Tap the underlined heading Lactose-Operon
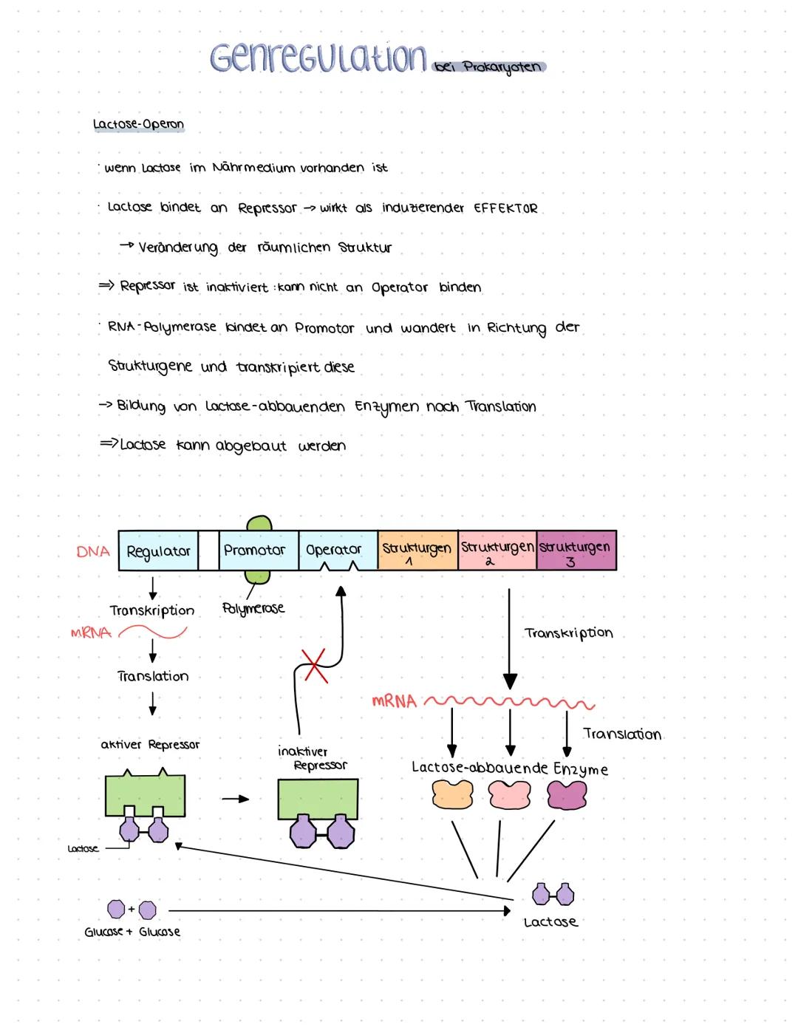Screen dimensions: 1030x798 point(138,125)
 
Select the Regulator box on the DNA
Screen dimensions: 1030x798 point(158,550)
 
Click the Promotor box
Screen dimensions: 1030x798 point(254,550)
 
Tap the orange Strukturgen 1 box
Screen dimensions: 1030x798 point(417,550)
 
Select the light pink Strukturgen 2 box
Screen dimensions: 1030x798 point(497,550)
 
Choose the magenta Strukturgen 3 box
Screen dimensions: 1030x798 point(576,550)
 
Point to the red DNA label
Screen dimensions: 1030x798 point(93,551)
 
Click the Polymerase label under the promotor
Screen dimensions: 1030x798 point(253,609)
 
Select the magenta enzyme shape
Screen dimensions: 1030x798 point(567,795)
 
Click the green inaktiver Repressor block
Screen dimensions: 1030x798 point(318,799)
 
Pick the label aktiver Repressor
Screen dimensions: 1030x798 point(150,745)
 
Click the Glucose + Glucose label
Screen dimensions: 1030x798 point(132,932)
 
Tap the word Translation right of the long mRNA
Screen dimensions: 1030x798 point(621,734)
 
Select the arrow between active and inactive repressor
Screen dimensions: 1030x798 point(235,799)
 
